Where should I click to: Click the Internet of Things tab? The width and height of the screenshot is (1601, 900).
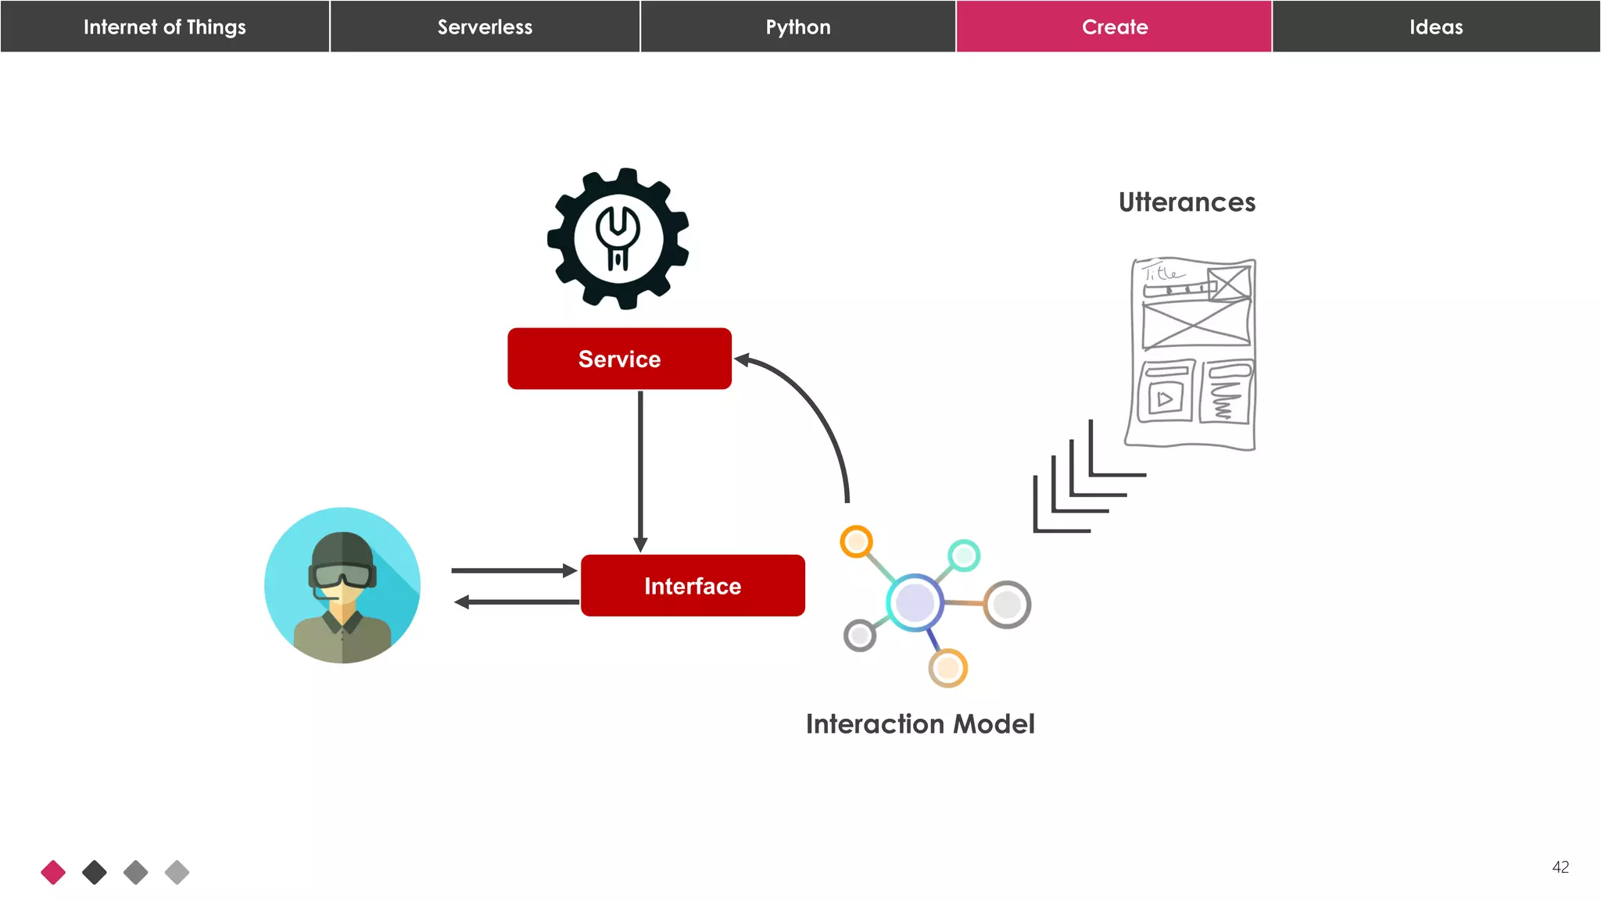point(164,27)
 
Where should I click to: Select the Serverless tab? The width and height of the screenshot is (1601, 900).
point(485,27)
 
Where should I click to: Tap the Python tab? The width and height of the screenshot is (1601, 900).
point(798,27)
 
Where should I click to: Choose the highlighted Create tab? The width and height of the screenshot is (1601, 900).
point(1114,27)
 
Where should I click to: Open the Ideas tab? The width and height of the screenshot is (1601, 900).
point(1436,27)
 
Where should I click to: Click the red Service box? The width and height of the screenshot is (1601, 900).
point(619,359)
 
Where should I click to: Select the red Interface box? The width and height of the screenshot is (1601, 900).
point(693,586)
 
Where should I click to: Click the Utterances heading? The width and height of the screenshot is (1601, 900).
point(1187,202)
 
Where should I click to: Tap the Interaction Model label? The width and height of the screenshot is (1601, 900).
point(920,724)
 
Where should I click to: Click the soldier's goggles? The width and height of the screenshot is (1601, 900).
point(342,576)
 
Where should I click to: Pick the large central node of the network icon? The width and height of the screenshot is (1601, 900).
point(915,602)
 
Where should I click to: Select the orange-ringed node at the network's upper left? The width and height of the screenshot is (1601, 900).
point(856,541)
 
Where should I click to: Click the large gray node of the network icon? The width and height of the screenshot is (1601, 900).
point(1007,604)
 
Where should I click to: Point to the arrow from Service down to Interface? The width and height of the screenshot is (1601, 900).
point(640,469)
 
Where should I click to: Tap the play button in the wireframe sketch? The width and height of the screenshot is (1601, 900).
point(1165,399)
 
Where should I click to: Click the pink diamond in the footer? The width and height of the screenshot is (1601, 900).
point(53,872)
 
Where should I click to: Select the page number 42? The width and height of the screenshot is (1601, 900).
point(1560,867)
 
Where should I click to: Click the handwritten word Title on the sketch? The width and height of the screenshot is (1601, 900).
point(1163,273)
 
